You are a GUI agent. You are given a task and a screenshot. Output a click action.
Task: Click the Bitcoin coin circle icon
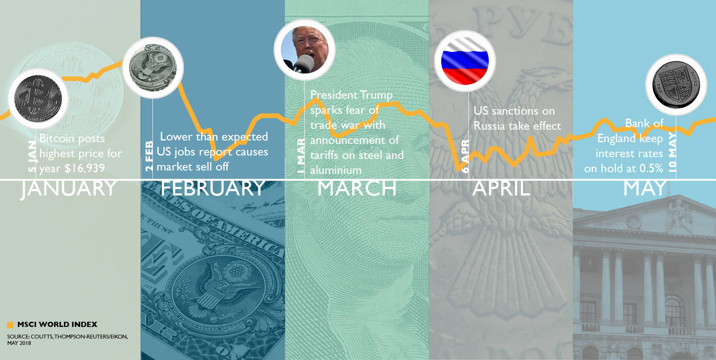pyautogui.click(x=38, y=99)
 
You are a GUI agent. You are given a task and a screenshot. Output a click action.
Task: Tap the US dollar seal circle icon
pyautogui.click(x=153, y=67)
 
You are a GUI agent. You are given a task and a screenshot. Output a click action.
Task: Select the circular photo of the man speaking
pyautogui.click(x=305, y=49)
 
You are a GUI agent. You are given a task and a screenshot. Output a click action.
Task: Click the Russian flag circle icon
pyautogui.click(x=465, y=61)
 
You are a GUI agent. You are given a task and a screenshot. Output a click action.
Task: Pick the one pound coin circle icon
pyautogui.click(x=676, y=85)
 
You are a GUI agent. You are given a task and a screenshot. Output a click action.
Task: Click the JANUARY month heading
pyautogui.click(x=69, y=188)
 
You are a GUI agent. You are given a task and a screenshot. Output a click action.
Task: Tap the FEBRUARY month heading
pyautogui.click(x=213, y=188)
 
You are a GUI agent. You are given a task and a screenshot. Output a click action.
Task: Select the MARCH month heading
pyautogui.click(x=357, y=188)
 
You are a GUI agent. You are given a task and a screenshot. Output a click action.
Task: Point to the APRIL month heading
pyautogui.click(x=501, y=188)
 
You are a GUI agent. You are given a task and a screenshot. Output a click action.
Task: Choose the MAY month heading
pyautogui.click(x=645, y=188)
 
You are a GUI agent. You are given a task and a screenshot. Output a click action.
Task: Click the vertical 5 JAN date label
pyautogui.click(x=32, y=156)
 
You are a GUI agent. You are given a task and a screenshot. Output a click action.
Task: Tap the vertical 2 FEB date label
pyautogui.click(x=149, y=156)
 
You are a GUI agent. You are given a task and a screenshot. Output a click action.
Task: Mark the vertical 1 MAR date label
pyautogui.click(x=301, y=156)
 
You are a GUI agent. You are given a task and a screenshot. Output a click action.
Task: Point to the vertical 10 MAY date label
pyautogui.click(x=672, y=152)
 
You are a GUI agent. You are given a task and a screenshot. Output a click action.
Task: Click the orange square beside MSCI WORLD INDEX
pyautogui.click(x=10, y=325)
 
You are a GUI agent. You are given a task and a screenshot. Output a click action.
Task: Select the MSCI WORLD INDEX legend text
pyautogui.click(x=57, y=324)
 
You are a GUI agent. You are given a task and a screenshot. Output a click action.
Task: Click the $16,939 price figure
pyautogui.click(x=84, y=168)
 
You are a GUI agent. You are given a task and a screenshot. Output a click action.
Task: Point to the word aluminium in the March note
pyautogui.click(x=335, y=170)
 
